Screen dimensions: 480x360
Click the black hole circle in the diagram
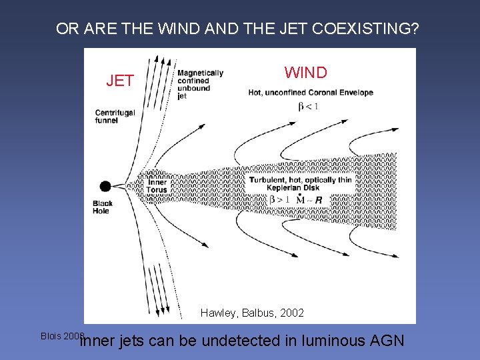coord(105,187)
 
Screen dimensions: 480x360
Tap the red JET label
coord(120,81)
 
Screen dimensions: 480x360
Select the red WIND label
coord(306,72)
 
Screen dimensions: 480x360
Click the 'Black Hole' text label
coord(102,207)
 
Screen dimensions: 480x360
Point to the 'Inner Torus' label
coord(157,186)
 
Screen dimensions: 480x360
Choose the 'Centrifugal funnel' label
coord(115,117)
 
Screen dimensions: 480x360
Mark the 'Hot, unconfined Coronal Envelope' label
coord(310,93)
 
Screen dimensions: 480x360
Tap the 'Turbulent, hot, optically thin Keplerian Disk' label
coord(301,184)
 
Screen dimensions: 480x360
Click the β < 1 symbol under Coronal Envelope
coord(308,106)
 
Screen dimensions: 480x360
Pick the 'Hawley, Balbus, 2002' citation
coord(252,313)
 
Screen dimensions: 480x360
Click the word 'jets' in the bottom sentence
coord(131,341)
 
